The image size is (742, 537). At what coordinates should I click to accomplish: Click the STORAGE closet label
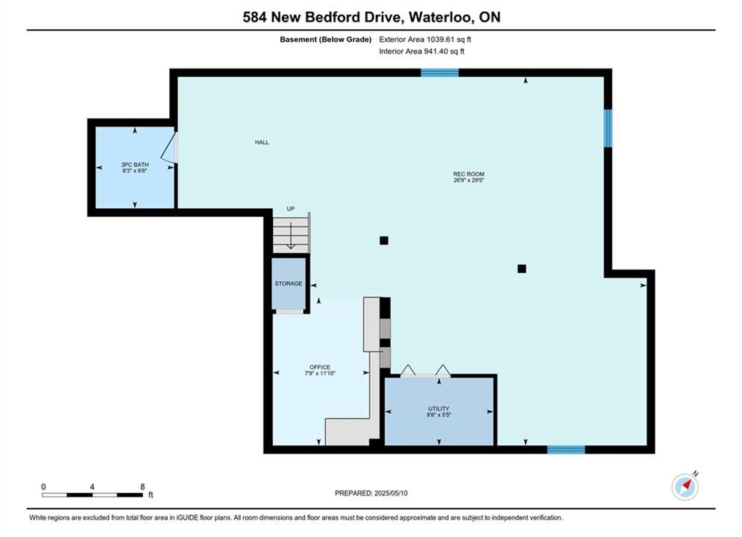(x=288, y=283)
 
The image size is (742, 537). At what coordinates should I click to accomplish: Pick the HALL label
(x=262, y=142)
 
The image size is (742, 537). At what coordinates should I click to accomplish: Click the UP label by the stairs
(x=291, y=209)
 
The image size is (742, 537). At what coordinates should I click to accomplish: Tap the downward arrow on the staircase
(x=291, y=236)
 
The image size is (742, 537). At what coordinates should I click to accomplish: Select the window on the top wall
(x=440, y=73)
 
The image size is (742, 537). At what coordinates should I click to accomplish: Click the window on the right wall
(x=608, y=128)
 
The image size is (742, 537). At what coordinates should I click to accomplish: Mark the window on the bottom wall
(x=566, y=450)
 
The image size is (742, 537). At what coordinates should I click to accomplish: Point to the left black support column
(x=384, y=240)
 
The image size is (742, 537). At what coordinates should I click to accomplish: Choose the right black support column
(x=521, y=268)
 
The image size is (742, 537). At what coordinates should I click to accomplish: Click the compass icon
(x=685, y=486)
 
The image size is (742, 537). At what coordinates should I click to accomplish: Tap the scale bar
(x=92, y=495)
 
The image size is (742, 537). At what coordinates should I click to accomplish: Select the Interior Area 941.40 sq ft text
(x=421, y=51)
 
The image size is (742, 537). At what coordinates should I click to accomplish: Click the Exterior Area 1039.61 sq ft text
(x=425, y=40)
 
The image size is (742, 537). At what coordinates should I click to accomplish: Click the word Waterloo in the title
(x=441, y=17)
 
